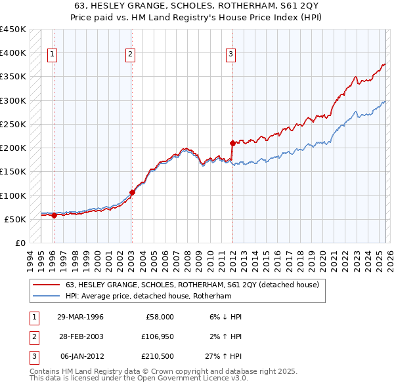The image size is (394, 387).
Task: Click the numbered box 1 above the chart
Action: coord(53,55)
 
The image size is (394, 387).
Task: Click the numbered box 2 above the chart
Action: coord(131,55)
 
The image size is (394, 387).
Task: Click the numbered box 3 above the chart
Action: coord(231,55)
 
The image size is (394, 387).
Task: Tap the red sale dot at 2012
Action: coord(232,142)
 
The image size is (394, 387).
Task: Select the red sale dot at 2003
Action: coord(132,192)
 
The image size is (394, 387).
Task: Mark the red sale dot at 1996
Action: coord(54,216)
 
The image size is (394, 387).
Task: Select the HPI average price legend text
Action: coord(148,296)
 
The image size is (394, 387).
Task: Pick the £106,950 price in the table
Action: coord(156,336)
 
